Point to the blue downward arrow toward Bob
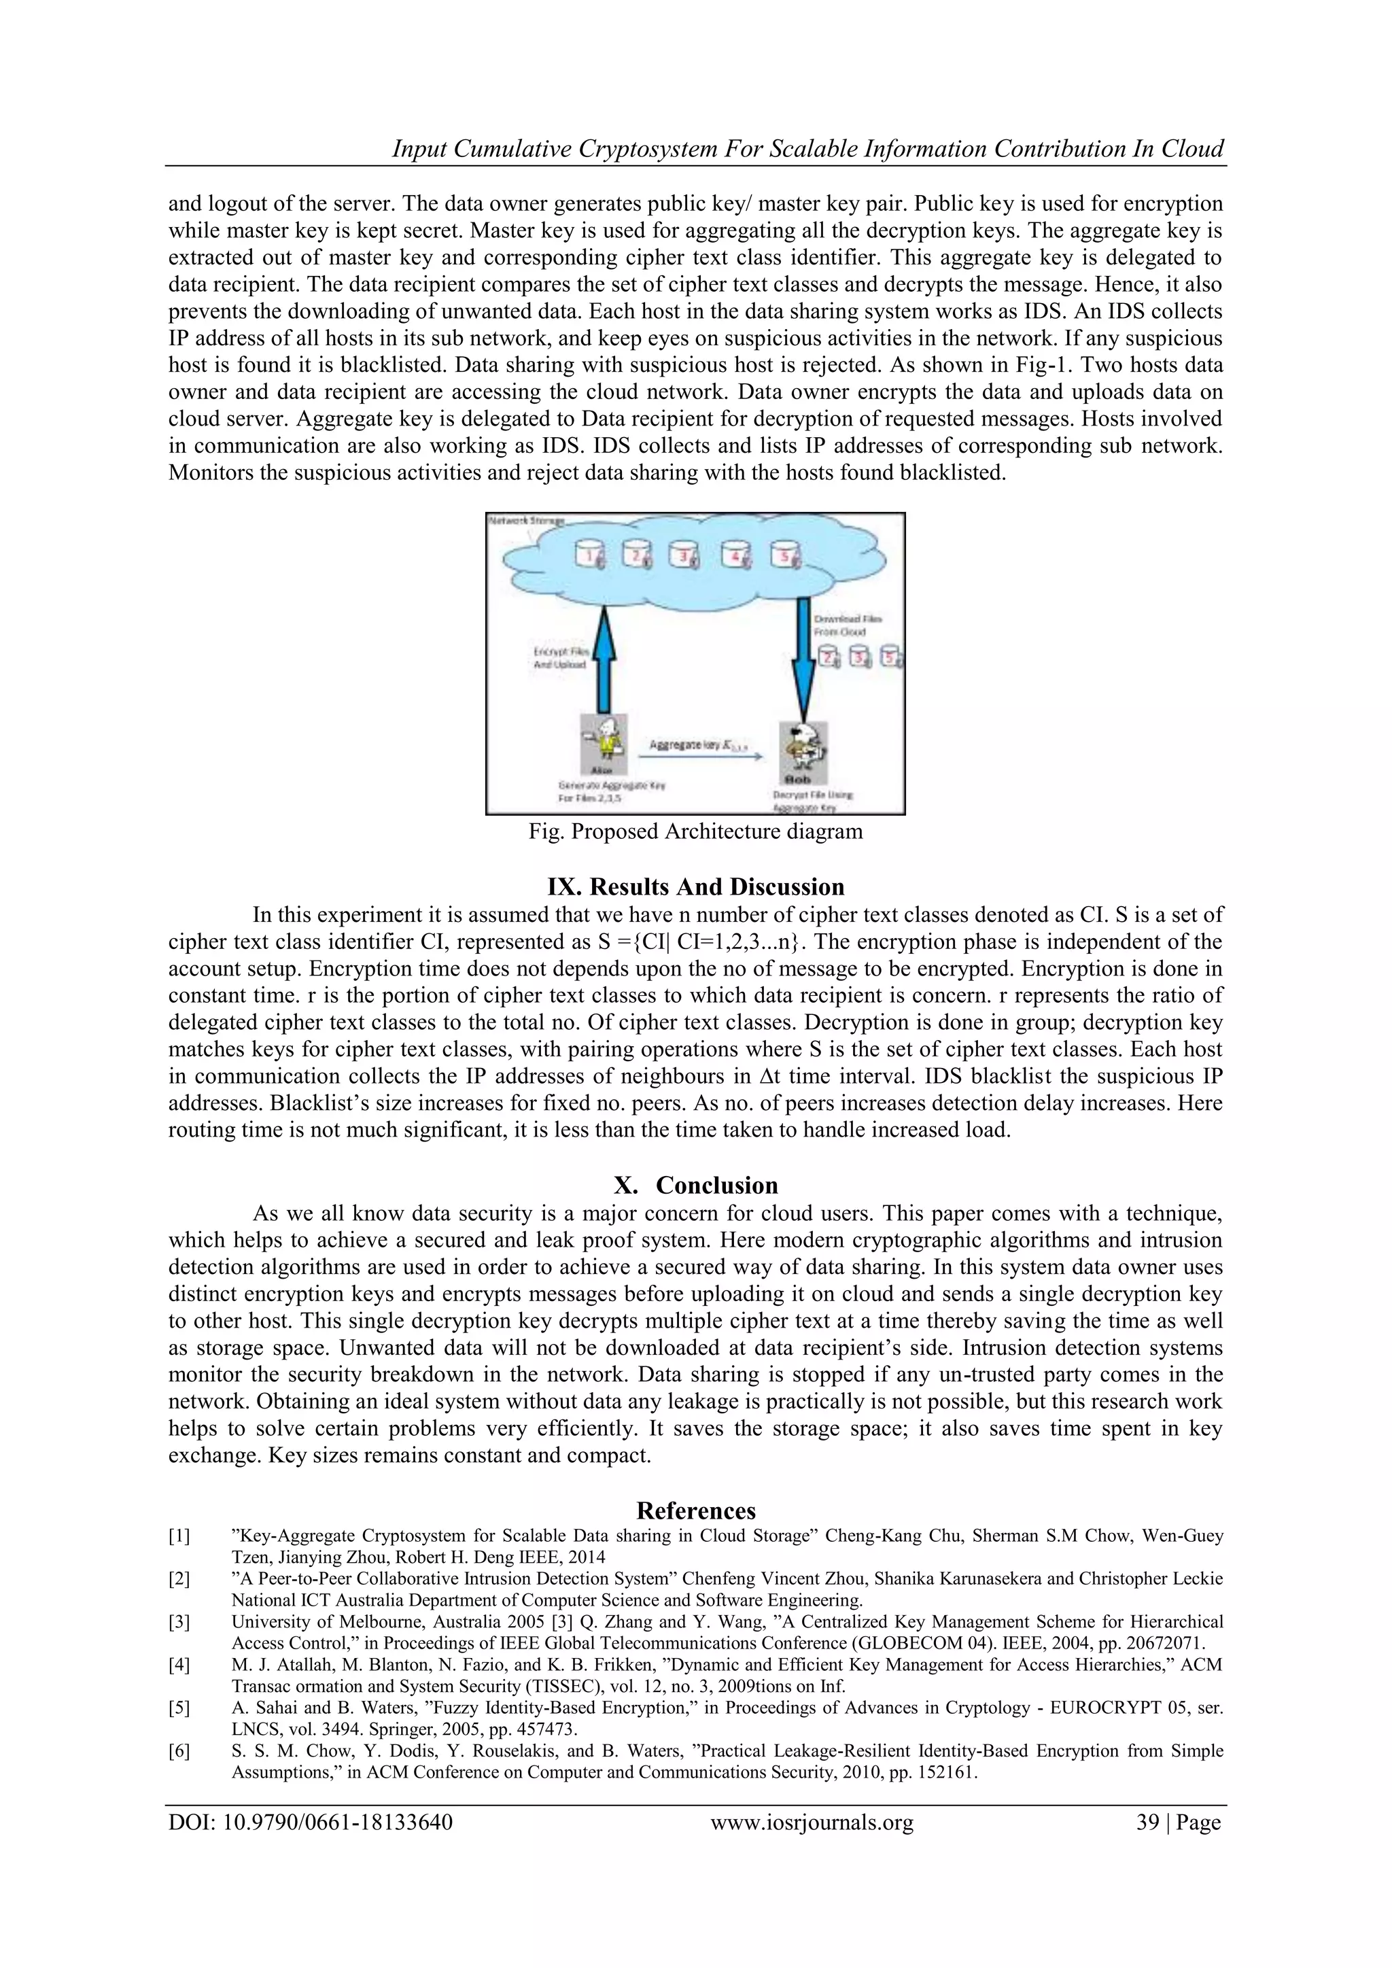click(x=803, y=660)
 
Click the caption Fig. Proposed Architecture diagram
click(x=695, y=831)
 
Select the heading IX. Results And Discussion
click(x=695, y=886)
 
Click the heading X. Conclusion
click(x=695, y=1186)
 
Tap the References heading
click(x=695, y=1510)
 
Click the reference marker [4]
click(x=179, y=1665)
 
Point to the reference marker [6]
click(x=179, y=1750)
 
